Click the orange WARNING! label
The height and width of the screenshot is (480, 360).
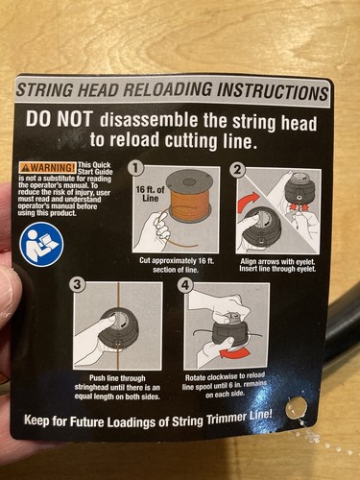[48, 167]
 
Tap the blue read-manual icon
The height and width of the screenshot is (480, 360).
[41, 245]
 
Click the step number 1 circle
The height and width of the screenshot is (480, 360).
[136, 168]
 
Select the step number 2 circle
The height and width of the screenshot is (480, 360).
[237, 169]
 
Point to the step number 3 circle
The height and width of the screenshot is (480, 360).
[77, 285]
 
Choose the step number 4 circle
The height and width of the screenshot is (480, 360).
[184, 285]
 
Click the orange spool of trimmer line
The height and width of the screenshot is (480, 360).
[189, 199]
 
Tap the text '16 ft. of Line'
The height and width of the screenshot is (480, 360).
[150, 194]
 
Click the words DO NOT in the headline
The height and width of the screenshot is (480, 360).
[59, 119]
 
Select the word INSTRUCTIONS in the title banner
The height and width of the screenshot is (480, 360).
[273, 91]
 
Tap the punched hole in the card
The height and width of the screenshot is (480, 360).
[297, 407]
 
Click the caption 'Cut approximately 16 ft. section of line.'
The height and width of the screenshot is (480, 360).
[177, 265]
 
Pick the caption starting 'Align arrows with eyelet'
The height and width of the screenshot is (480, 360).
[277, 265]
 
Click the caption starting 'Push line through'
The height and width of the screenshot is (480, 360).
[117, 388]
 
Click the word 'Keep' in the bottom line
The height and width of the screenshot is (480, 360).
[36, 420]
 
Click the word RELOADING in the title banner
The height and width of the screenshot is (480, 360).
[167, 90]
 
